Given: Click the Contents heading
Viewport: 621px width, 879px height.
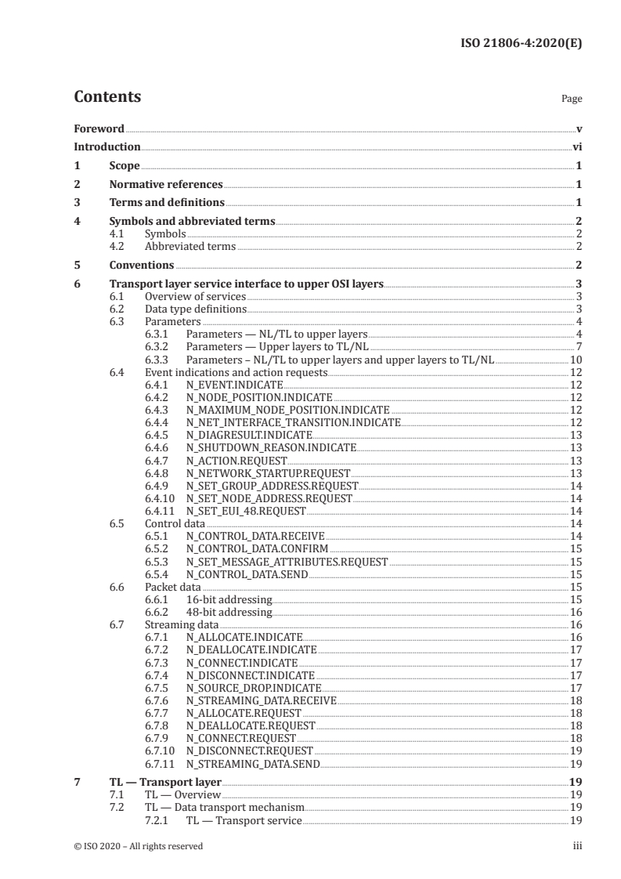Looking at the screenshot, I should click(107, 97).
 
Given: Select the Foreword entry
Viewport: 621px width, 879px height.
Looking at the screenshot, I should click(99, 128).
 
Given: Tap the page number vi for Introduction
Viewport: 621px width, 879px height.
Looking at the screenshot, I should click(576, 146).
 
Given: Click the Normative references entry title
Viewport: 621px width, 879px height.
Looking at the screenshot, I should click(166, 185).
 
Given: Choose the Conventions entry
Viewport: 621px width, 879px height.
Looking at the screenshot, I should click(142, 265).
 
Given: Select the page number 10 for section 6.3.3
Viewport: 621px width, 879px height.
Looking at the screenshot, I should click(575, 360).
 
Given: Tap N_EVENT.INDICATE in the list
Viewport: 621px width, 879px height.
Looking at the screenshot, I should click(234, 385).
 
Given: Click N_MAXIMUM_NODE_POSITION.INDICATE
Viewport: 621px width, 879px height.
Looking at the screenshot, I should click(287, 410).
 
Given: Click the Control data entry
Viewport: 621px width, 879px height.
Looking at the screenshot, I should click(175, 523).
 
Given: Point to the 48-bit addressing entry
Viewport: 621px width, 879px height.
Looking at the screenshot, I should click(229, 611).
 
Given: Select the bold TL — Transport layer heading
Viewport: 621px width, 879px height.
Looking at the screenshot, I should click(165, 781).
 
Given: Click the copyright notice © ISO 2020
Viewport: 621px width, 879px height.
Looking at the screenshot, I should click(138, 845).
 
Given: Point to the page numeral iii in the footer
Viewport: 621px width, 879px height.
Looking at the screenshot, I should click(576, 845).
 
